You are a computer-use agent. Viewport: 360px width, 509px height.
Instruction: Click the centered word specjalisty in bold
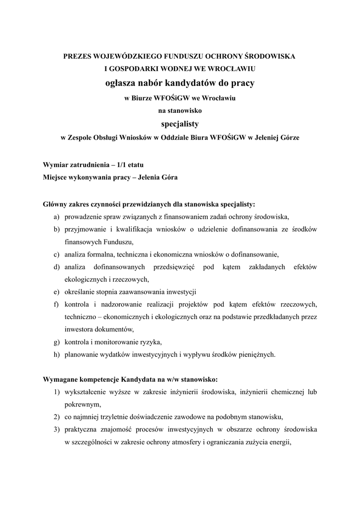click(180, 123)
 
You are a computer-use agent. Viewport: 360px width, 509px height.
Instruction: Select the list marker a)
click(57, 217)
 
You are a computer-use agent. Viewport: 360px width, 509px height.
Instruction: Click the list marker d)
click(57, 267)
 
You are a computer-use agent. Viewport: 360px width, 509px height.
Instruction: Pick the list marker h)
click(57, 354)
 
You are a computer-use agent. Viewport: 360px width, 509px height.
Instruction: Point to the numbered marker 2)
click(57, 417)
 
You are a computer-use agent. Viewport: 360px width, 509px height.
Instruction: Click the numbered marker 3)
click(57, 429)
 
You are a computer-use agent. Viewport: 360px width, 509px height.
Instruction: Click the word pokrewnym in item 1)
click(82, 405)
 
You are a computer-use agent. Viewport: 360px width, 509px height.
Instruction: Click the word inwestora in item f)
click(79, 330)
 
